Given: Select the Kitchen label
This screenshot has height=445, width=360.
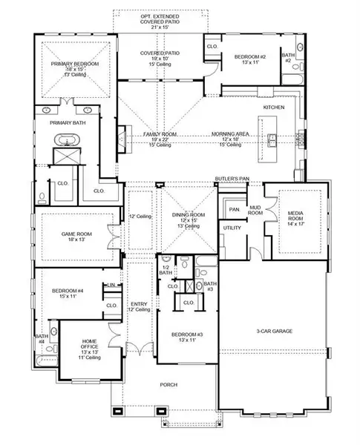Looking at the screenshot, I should coord(273,108).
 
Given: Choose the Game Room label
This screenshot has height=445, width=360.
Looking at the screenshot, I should coord(75,234).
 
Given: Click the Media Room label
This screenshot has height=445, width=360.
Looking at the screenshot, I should coord(301,215).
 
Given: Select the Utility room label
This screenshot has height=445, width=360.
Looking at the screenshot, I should coord(232,228).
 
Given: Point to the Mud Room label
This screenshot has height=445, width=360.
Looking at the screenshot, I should coord(255,209).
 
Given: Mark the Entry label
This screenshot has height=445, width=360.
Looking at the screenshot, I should coord(138,303).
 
